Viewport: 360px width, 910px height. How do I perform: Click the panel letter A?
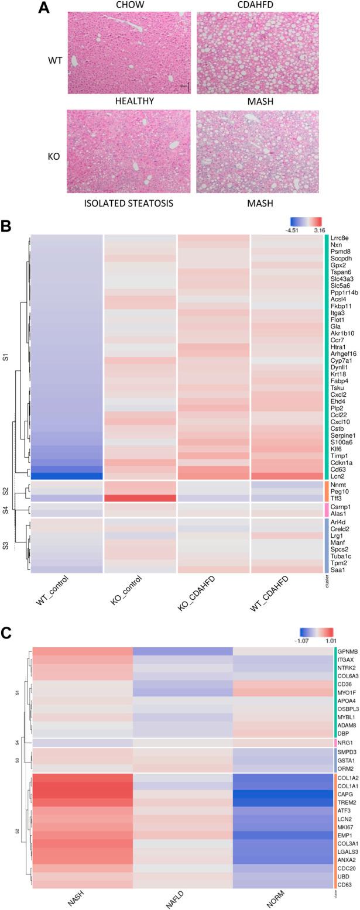(44, 8)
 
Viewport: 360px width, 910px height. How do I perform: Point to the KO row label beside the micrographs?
(53, 157)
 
